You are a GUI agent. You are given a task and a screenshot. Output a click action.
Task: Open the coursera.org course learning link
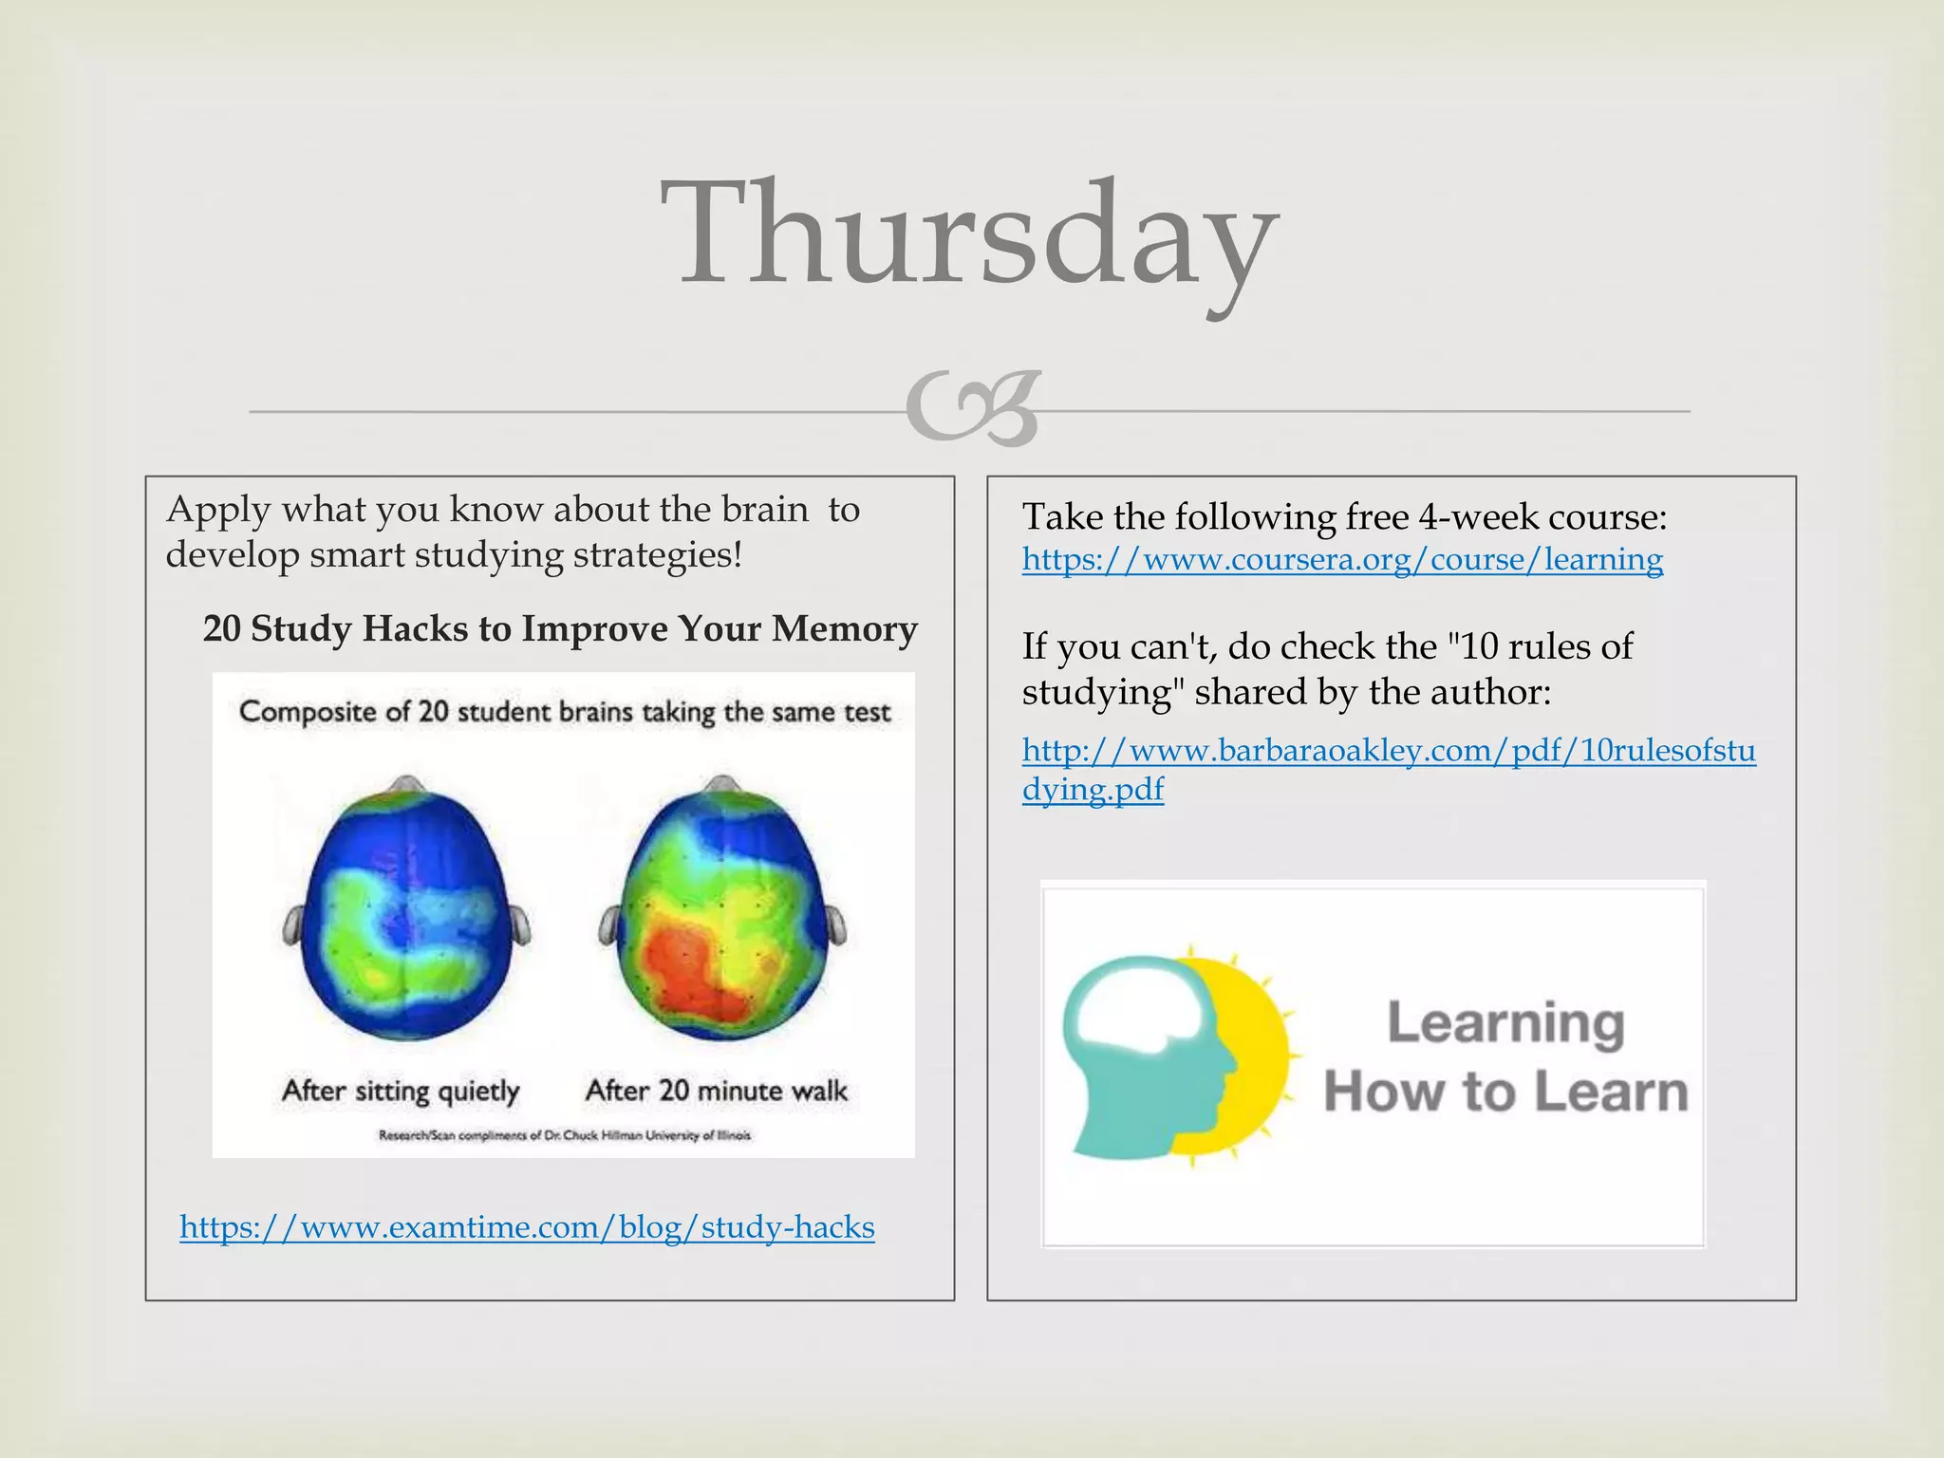(1342, 559)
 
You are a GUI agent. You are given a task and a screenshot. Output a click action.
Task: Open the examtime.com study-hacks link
(527, 1226)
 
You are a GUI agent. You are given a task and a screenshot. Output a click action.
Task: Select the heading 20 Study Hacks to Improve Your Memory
(560, 628)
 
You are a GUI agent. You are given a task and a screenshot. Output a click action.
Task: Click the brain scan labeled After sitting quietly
(406, 911)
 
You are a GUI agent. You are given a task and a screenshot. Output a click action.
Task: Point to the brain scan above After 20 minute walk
(721, 911)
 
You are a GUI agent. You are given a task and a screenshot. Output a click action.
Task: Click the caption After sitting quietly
(401, 1091)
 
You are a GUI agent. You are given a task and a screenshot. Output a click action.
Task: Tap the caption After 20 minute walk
(717, 1091)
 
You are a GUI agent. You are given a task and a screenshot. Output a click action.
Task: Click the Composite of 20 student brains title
(565, 712)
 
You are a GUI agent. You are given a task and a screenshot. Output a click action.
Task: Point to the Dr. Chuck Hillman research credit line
(565, 1135)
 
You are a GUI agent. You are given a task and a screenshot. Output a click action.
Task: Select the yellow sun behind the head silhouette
(1253, 1054)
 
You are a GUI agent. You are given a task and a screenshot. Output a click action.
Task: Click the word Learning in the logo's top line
(1505, 1024)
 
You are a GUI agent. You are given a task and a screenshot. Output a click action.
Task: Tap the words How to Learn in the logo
(1505, 1092)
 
